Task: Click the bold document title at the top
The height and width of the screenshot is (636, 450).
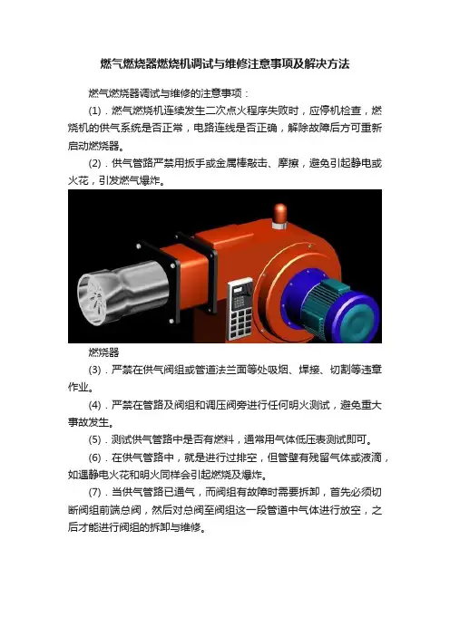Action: click(225, 63)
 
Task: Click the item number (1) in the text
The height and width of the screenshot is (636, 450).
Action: click(94, 111)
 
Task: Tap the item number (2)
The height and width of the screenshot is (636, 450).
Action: click(94, 163)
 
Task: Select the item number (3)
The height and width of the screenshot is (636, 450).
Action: click(94, 370)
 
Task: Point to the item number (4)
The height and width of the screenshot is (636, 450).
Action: click(94, 405)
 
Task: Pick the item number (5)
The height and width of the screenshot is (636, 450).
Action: click(94, 439)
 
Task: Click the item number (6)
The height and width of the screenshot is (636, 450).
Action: click(94, 458)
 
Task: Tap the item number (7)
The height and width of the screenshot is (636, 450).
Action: click(94, 493)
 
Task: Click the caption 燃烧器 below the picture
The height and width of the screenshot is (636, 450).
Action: click(104, 352)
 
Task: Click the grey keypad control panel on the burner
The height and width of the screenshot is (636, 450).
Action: click(240, 308)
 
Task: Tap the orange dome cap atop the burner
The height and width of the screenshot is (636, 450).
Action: click(279, 214)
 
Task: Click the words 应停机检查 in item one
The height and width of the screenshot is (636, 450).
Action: click(335, 111)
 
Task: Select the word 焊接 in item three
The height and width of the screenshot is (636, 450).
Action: click(308, 370)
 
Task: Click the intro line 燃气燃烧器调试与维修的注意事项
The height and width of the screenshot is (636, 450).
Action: click(165, 93)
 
